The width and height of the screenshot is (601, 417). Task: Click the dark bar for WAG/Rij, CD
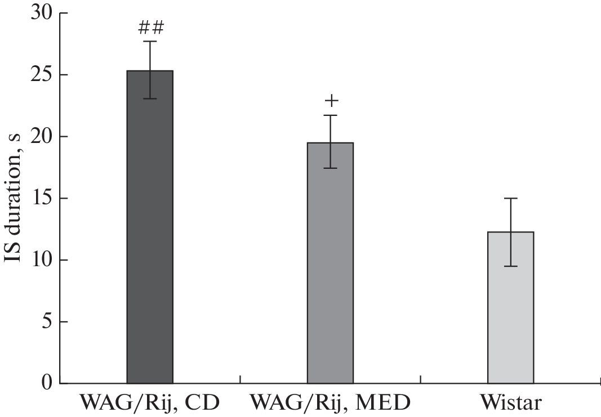tap(150, 236)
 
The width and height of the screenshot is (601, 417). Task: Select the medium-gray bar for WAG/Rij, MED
tap(330, 270)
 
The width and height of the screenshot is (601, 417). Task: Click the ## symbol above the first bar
tap(150, 26)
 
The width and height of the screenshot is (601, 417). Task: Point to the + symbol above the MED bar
tap(331, 101)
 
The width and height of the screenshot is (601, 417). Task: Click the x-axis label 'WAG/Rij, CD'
tap(149, 403)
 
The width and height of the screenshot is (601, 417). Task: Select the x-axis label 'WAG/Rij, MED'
tap(330, 403)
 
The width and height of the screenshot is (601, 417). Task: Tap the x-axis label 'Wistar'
tap(511, 403)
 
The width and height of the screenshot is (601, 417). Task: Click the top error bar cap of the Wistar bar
tap(510, 198)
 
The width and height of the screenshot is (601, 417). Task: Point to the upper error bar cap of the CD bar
tap(150, 41)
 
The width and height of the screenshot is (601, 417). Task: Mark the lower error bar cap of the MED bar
tap(330, 168)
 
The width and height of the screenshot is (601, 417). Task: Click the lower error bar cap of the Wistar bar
tap(510, 266)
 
